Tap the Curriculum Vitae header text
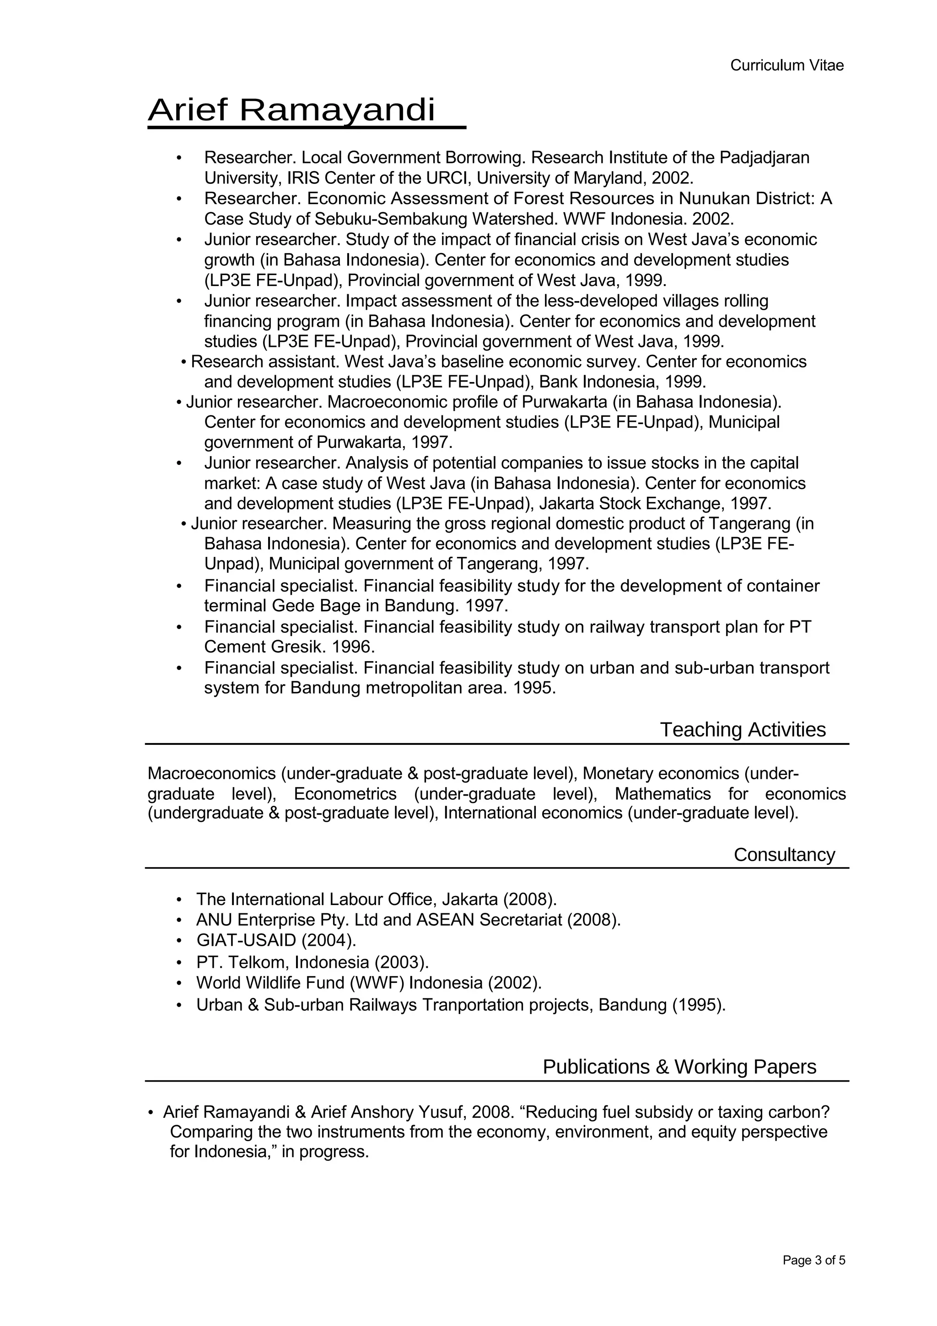tap(786, 65)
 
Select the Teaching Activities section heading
tap(743, 729)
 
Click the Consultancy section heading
tap(784, 854)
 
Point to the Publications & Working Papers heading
tap(679, 1066)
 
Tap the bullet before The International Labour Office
tap(179, 900)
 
